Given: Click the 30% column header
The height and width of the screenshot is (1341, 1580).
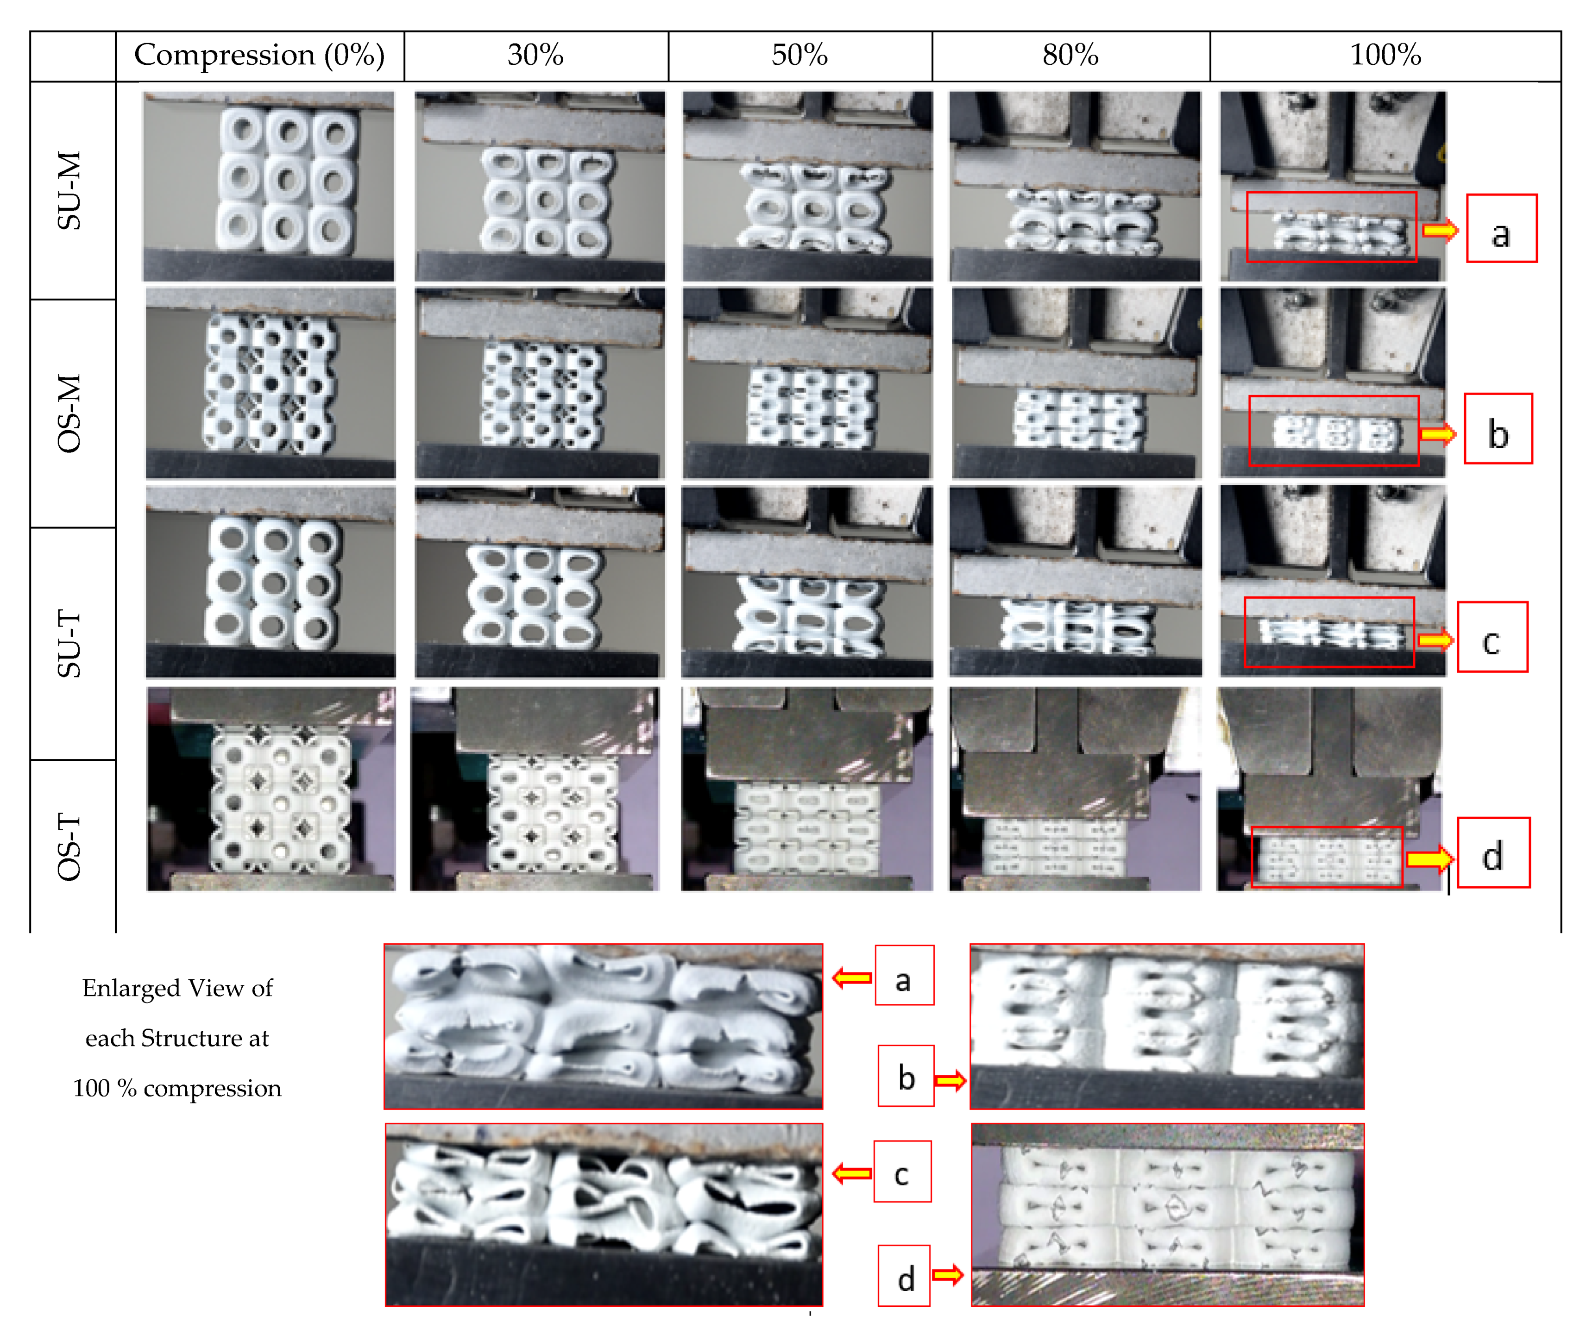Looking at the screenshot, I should click(x=535, y=56).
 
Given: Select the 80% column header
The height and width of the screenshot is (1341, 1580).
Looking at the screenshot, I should click(x=1070, y=56).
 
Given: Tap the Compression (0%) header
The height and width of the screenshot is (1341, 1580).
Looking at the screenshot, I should click(x=259, y=56).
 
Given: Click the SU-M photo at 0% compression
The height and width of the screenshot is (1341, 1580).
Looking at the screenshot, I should click(x=268, y=186).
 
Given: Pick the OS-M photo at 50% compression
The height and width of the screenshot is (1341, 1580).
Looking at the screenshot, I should click(x=807, y=382).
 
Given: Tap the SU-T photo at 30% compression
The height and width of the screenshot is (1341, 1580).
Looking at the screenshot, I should click(x=539, y=582).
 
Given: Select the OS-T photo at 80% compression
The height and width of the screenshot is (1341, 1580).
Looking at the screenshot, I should click(x=1074, y=788).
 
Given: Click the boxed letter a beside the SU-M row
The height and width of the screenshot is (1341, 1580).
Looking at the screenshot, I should click(x=1500, y=229).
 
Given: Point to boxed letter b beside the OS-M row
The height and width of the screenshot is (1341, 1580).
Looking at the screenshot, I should click(x=1497, y=429).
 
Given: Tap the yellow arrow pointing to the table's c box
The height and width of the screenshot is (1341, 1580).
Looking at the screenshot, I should click(x=1434, y=640).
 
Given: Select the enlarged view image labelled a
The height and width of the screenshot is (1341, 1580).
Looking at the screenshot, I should click(x=603, y=1026).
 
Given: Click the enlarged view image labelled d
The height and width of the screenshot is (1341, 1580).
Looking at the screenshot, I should click(x=1167, y=1214).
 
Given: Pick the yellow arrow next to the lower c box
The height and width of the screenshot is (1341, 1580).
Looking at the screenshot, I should click(x=851, y=1174).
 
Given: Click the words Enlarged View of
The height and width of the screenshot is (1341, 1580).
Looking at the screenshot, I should click(x=177, y=988).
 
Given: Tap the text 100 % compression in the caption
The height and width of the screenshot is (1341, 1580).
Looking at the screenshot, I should click(x=177, y=1088).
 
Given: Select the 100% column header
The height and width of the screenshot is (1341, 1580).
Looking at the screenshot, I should click(x=1385, y=56).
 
